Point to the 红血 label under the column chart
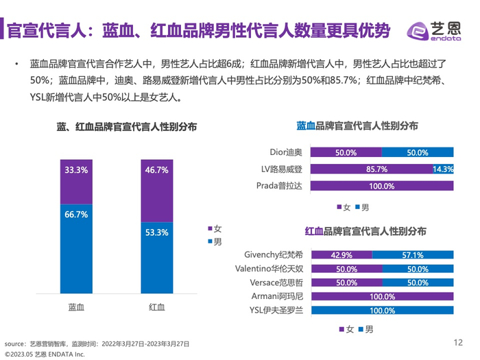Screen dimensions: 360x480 point(156,307)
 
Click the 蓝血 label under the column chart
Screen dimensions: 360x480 point(76,307)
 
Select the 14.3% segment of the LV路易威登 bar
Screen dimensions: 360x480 point(442,169)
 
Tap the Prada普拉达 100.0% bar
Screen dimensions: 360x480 point(381,185)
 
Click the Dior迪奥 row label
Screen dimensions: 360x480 point(282,152)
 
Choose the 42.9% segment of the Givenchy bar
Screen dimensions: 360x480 point(341,254)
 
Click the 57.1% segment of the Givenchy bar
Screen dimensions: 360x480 point(413,254)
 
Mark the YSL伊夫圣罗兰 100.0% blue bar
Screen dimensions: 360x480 point(381,311)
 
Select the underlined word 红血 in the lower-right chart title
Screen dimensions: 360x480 point(314,231)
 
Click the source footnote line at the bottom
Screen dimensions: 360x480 point(96,343)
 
